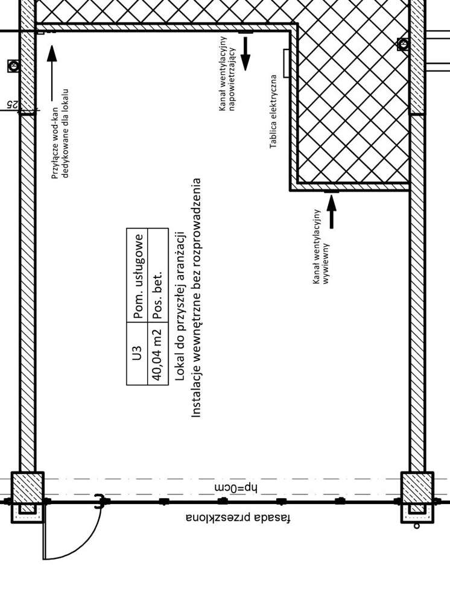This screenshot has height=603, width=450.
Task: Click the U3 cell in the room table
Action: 137,353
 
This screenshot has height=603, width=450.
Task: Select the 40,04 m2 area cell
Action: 157,353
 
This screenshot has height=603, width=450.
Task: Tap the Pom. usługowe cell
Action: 137,276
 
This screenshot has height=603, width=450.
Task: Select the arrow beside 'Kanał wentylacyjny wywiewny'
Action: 331,212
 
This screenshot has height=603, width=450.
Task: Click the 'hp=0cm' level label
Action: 235,488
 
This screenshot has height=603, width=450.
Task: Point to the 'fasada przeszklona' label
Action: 238,518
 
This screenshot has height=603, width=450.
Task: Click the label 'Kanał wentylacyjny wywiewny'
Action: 320,247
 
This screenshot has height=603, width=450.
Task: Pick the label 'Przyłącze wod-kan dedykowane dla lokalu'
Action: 60,134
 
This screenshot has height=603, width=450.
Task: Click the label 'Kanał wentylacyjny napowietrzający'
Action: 227,73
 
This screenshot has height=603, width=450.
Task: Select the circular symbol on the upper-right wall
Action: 403,44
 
